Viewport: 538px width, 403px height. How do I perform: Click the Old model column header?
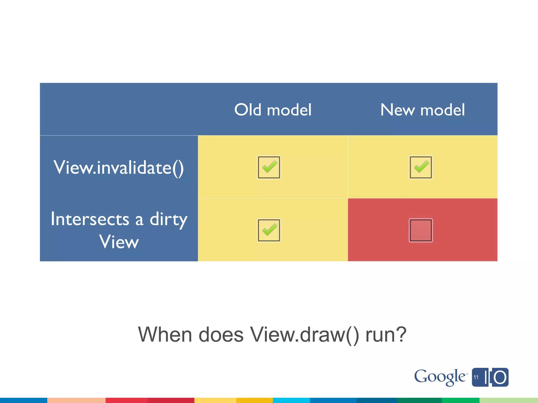click(273, 110)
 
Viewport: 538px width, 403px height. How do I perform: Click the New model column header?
click(422, 110)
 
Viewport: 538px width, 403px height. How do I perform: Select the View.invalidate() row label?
click(119, 167)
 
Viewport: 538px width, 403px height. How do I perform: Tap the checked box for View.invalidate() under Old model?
click(269, 167)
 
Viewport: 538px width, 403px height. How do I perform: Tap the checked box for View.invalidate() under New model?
click(421, 167)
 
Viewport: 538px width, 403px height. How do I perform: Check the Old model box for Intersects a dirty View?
click(269, 230)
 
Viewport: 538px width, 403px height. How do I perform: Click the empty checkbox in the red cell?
click(421, 230)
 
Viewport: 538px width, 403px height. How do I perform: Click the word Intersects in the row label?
click(90, 219)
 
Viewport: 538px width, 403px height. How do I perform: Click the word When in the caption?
click(165, 335)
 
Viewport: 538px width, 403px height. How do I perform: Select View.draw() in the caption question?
click(304, 335)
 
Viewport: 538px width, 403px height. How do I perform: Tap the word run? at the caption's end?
click(386, 335)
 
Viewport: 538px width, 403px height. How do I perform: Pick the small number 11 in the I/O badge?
click(476, 377)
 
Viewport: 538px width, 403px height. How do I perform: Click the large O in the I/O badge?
click(500, 378)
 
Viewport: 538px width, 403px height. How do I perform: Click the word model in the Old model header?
click(289, 110)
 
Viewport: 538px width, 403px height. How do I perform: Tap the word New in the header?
click(397, 110)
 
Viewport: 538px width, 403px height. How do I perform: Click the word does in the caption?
click(221, 335)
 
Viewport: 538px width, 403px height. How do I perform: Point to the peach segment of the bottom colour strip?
click(76, 400)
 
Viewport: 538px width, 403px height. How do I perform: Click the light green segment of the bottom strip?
click(509, 400)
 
